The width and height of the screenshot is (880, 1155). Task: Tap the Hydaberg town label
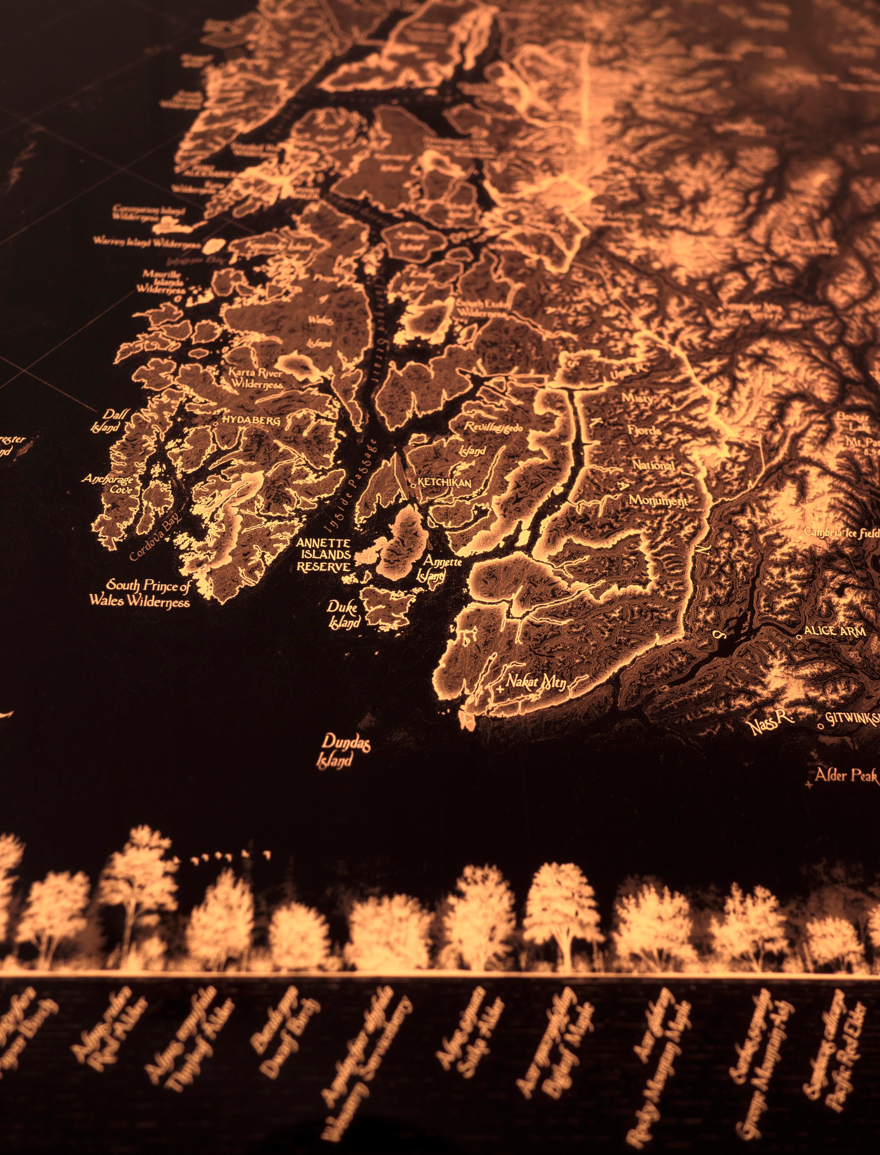pos(251,420)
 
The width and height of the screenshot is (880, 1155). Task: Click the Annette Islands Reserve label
pos(323,554)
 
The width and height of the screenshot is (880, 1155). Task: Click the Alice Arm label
pos(835,631)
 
